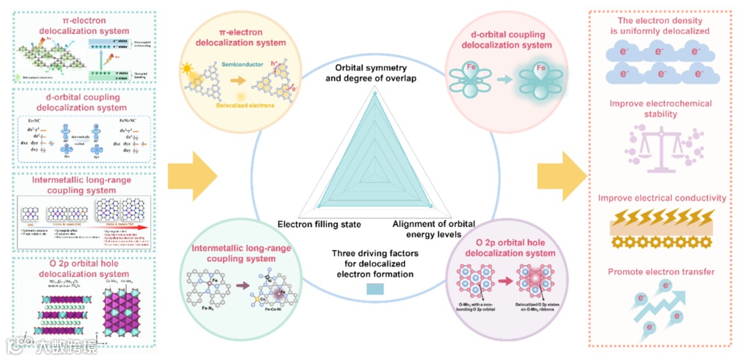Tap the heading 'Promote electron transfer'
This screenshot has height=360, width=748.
[661, 271]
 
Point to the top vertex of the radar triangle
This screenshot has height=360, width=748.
[375, 96]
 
